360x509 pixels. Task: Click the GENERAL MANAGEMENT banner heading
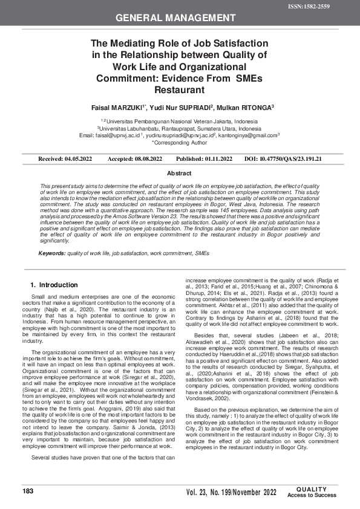pos(180,18)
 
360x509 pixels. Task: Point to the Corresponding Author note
pos(179,143)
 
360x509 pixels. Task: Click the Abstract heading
pos(179,173)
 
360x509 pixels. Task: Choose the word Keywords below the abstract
pos(52,253)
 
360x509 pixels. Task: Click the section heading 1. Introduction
pos(54,284)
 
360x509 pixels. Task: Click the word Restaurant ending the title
pos(179,89)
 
